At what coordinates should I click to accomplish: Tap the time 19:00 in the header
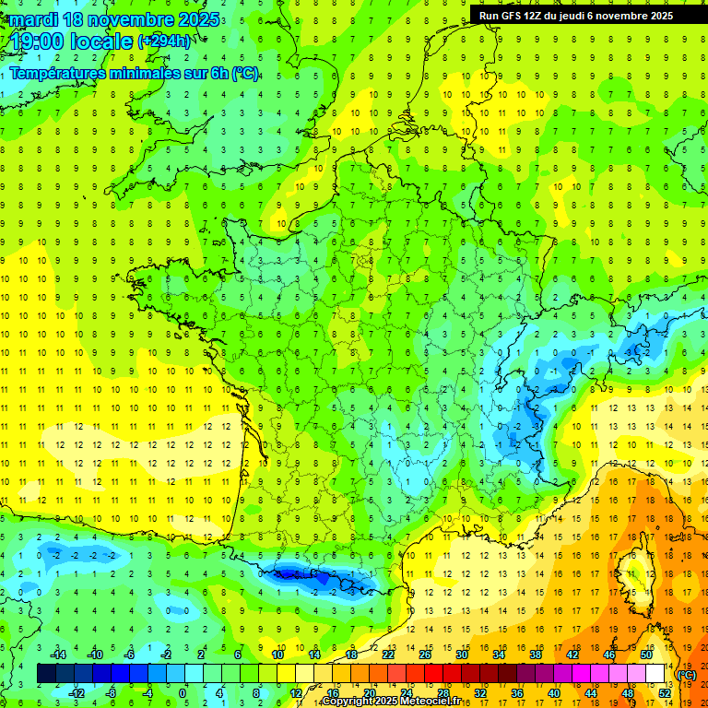[39, 41]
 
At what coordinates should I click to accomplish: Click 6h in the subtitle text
[219, 74]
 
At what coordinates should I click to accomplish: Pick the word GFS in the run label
[513, 16]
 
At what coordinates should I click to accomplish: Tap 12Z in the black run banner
[536, 16]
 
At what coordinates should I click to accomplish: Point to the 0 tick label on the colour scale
[183, 692]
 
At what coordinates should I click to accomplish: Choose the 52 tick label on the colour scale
[665, 692]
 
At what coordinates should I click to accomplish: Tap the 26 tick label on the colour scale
[424, 655]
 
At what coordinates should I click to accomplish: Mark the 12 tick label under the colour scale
[296, 692]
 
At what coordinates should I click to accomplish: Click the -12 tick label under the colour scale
[77, 692]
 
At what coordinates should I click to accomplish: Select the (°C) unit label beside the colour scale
[687, 674]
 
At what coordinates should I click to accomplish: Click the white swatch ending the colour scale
[655, 674]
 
